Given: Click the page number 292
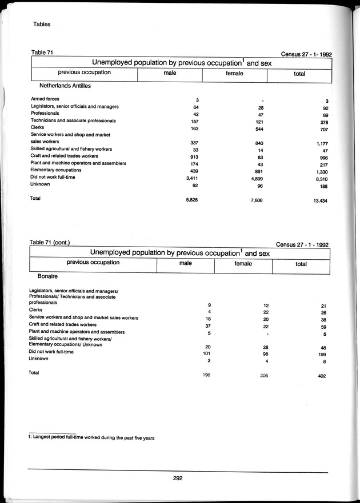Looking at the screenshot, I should [x=177, y=478].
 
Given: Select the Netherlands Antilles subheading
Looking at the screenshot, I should [x=65, y=86].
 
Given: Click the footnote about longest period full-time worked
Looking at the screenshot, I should [x=91, y=438].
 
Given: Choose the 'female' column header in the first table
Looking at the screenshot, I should [x=234, y=73].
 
